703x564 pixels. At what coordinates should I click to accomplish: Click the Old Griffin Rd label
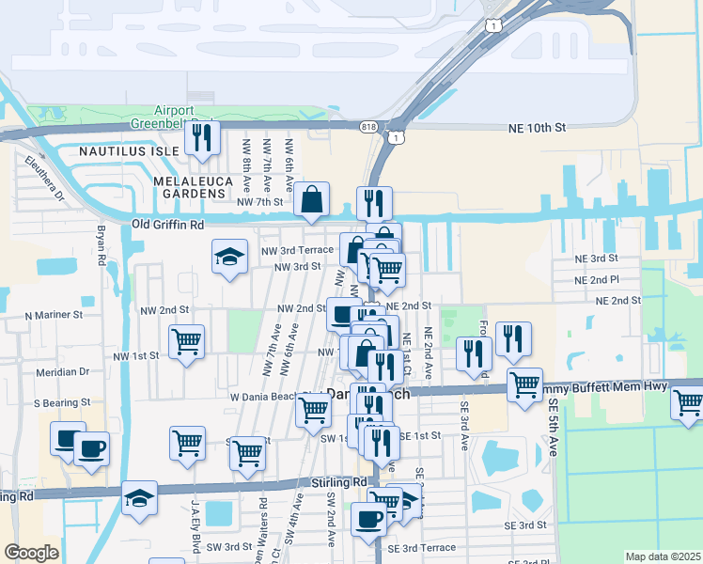tap(168, 225)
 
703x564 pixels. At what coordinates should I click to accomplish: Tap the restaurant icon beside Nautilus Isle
tap(202, 138)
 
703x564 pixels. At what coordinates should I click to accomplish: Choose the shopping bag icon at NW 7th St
tap(311, 199)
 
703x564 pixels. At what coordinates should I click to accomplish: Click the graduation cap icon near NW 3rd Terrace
tap(229, 258)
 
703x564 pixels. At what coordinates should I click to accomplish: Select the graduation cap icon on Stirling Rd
tap(139, 498)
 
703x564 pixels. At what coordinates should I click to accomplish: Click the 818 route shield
tap(369, 126)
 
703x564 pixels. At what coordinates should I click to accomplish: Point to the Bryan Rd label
tap(98, 243)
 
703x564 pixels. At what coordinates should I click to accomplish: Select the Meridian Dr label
tap(62, 371)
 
